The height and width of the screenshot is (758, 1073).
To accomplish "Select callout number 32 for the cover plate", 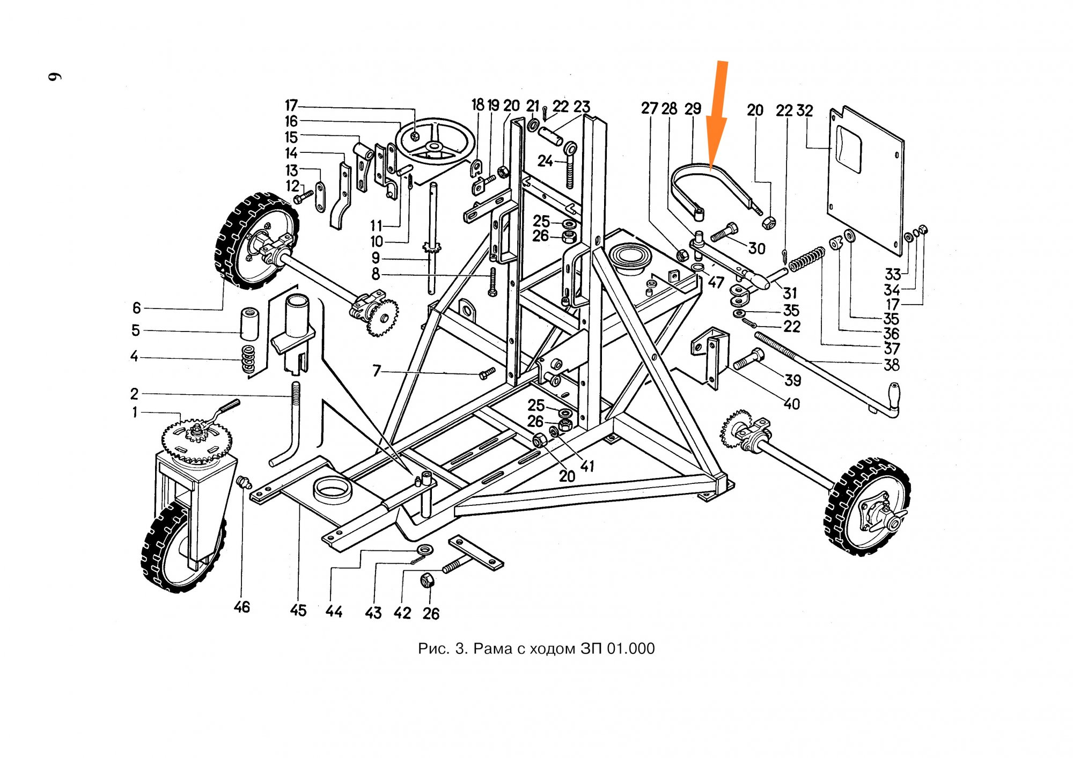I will click(x=804, y=111).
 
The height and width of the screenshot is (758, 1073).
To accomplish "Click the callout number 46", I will click(x=241, y=607).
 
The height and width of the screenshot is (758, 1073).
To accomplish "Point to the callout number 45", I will click(x=298, y=610).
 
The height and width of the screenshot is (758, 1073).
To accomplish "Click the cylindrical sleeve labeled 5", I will click(x=249, y=323).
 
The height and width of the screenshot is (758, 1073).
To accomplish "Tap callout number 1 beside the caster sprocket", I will click(x=135, y=412).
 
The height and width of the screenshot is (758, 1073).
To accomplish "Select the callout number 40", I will click(x=791, y=403).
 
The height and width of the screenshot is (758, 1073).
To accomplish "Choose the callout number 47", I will click(x=716, y=282).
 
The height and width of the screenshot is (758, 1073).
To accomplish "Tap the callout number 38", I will click(x=891, y=365).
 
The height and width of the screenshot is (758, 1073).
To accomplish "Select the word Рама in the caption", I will click(x=493, y=649).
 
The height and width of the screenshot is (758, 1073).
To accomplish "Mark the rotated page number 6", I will click(x=55, y=76).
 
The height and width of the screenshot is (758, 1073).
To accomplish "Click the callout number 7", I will click(x=377, y=371).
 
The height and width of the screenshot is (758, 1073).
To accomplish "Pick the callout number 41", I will click(x=587, y=466).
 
